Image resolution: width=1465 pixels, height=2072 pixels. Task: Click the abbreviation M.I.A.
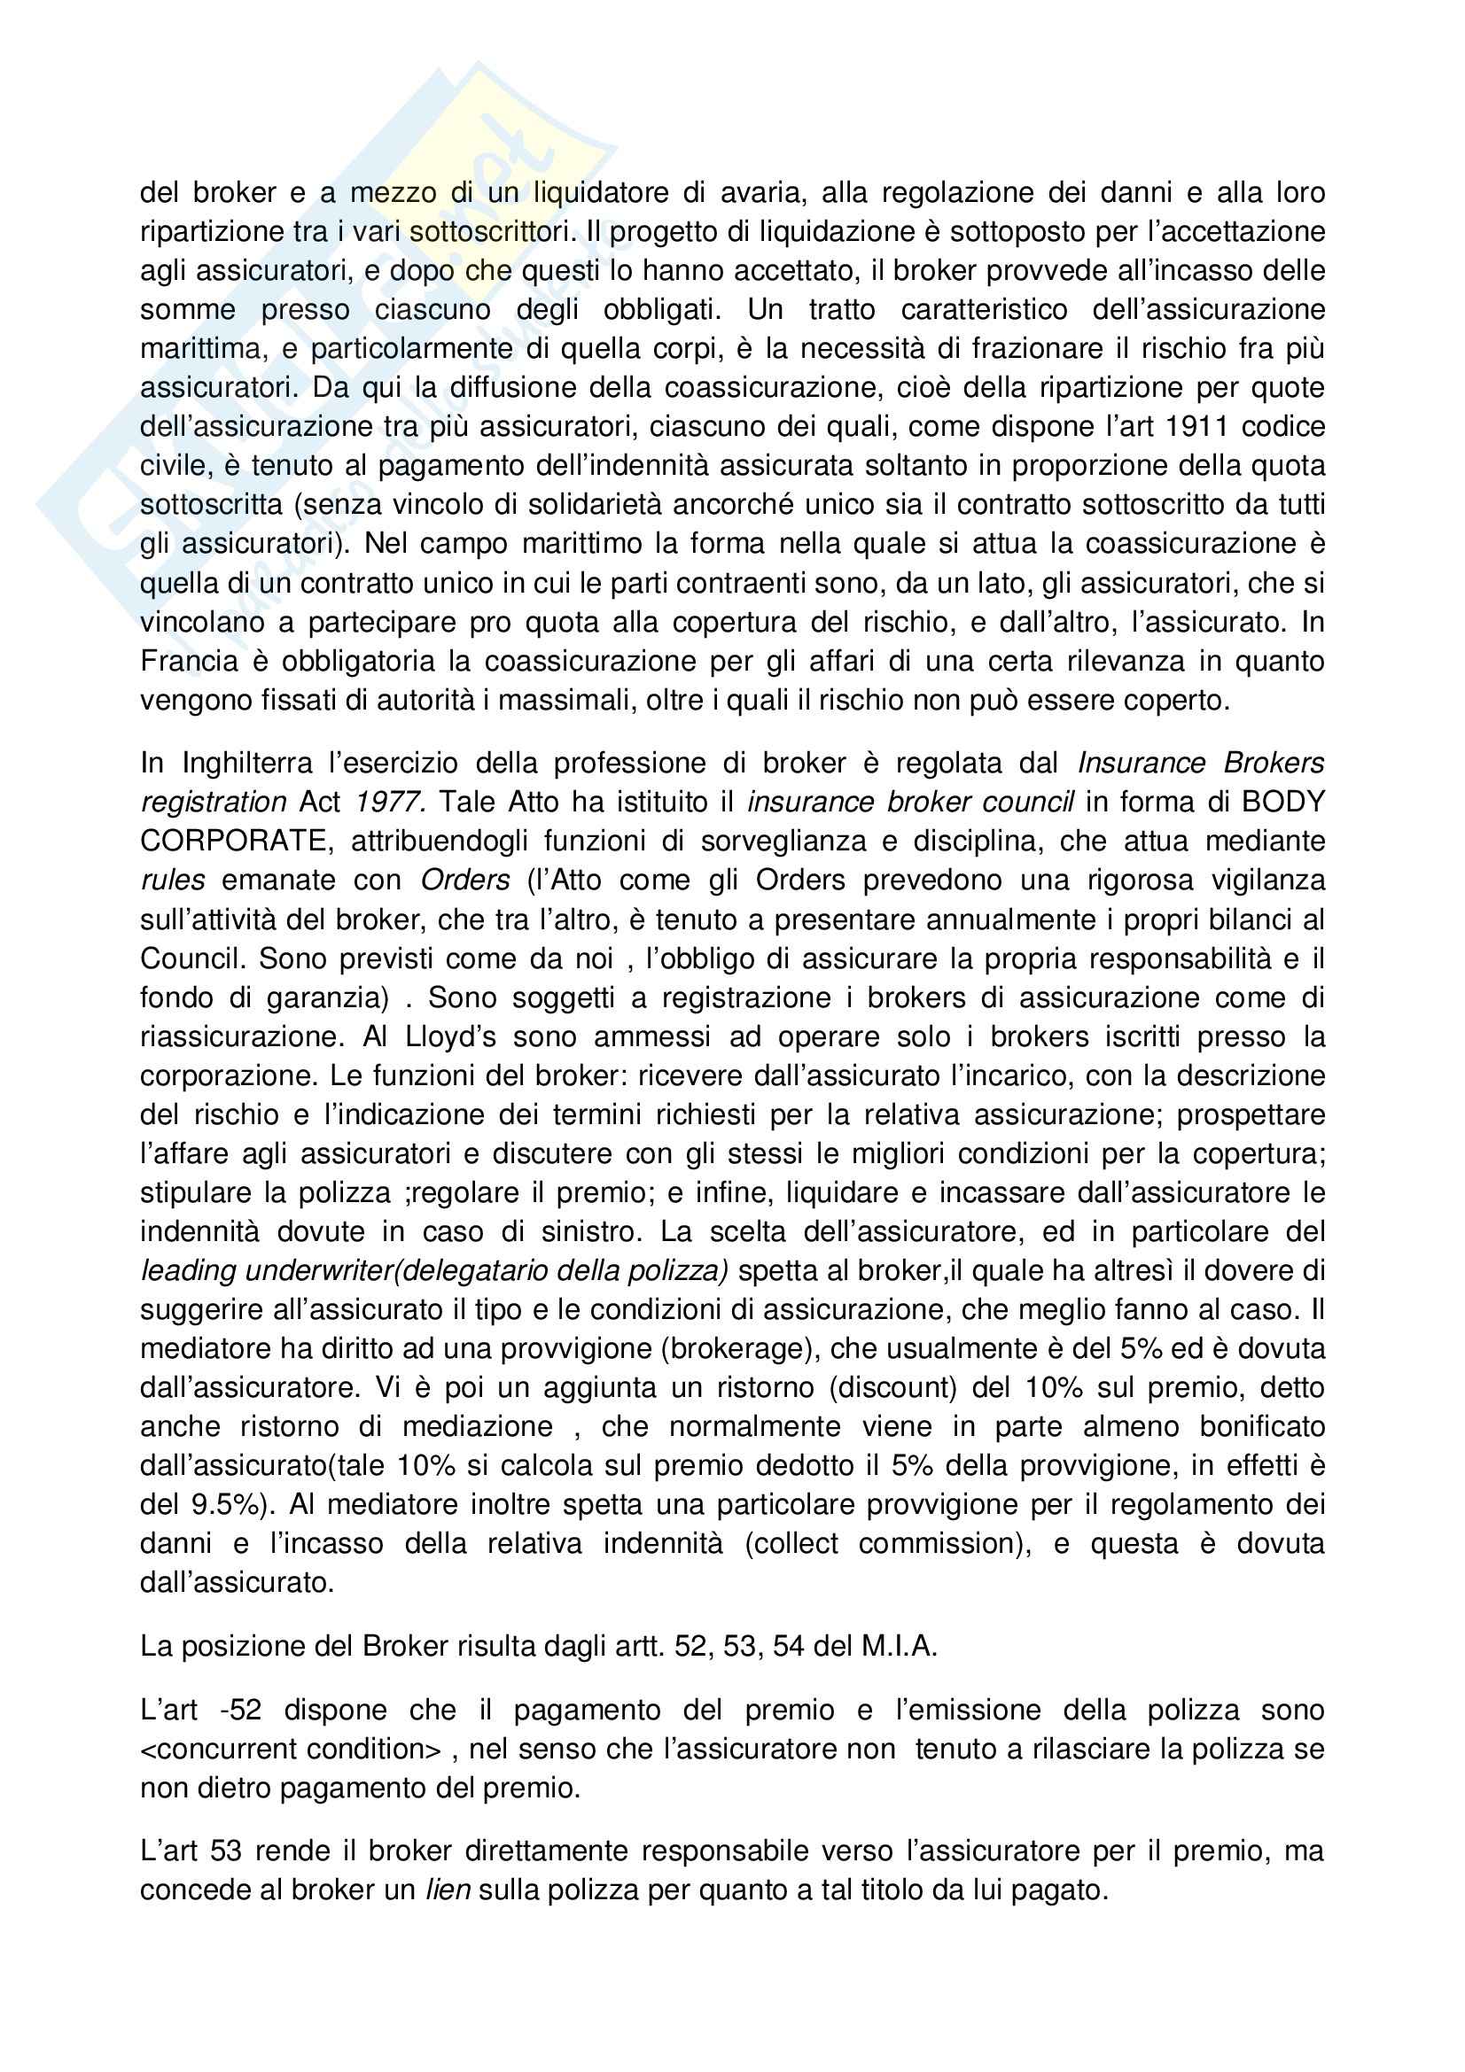coord(898,1646)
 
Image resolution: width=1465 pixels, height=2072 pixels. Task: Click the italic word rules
coord(173,880)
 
